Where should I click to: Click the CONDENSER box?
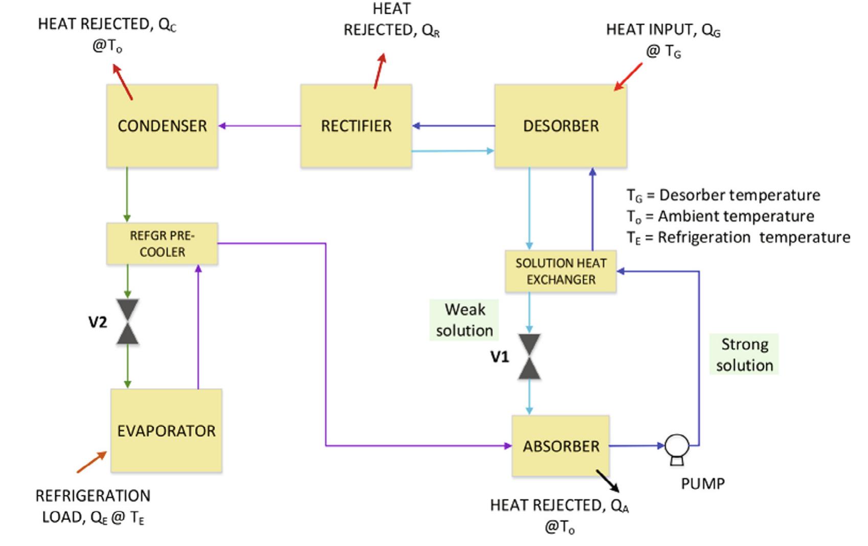[162, 126]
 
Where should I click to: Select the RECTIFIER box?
[356, 126]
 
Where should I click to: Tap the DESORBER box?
[561, 126]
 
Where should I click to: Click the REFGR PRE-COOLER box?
[162, 243]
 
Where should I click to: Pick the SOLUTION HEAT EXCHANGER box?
[561, 271]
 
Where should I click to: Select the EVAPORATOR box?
[166, 430]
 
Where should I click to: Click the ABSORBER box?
[561, 446]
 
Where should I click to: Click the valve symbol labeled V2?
[127, 322]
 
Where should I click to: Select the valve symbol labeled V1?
[529, 356]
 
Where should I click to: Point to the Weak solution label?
[464, 320]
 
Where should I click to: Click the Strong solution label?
[744, 354]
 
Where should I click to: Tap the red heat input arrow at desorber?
[628, 77]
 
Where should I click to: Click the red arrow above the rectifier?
[380, 71]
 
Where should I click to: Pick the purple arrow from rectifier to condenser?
[259, 126]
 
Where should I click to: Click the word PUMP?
[702, 484]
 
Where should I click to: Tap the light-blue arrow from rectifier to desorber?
[453, 151]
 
